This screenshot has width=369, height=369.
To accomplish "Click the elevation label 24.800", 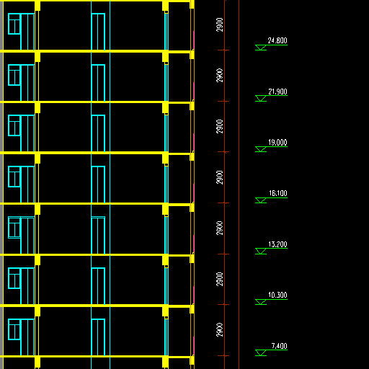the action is (x=277, y=40).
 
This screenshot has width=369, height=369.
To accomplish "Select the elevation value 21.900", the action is (x=277, y=92).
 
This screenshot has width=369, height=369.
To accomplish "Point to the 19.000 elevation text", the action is (x=277, y=143).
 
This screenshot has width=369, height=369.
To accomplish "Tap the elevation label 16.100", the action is (x=278, y=193).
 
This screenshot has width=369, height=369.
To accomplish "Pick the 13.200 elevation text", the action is (x=277, y=244).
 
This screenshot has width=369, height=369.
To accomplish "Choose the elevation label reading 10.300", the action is (x=277, y=295).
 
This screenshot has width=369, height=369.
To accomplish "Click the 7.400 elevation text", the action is (x=279, y=346).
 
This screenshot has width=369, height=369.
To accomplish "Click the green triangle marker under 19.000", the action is (x=261, y=149).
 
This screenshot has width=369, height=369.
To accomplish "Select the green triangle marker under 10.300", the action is (x=261, y=302).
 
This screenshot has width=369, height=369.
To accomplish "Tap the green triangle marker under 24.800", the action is (x=261, y=48).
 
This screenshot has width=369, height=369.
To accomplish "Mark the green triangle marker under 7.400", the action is (x=261, y=352).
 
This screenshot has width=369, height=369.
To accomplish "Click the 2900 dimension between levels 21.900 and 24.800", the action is (x=220, y=76).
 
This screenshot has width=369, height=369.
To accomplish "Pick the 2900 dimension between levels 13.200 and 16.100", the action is (x=220, y=228).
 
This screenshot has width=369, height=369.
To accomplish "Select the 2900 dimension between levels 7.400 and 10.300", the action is (x=220, y=330).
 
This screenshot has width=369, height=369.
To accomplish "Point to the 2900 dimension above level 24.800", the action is (x=220, y=25).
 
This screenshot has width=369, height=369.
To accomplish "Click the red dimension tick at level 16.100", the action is (x=223, y=203).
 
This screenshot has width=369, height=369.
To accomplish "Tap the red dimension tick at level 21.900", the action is (x=223, y=101).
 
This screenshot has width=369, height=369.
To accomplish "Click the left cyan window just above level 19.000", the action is (x=14, y=125).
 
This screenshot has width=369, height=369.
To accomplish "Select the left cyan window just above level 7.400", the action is (x=14, y=329).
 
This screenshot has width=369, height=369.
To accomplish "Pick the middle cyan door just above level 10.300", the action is (x=98, y=286).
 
